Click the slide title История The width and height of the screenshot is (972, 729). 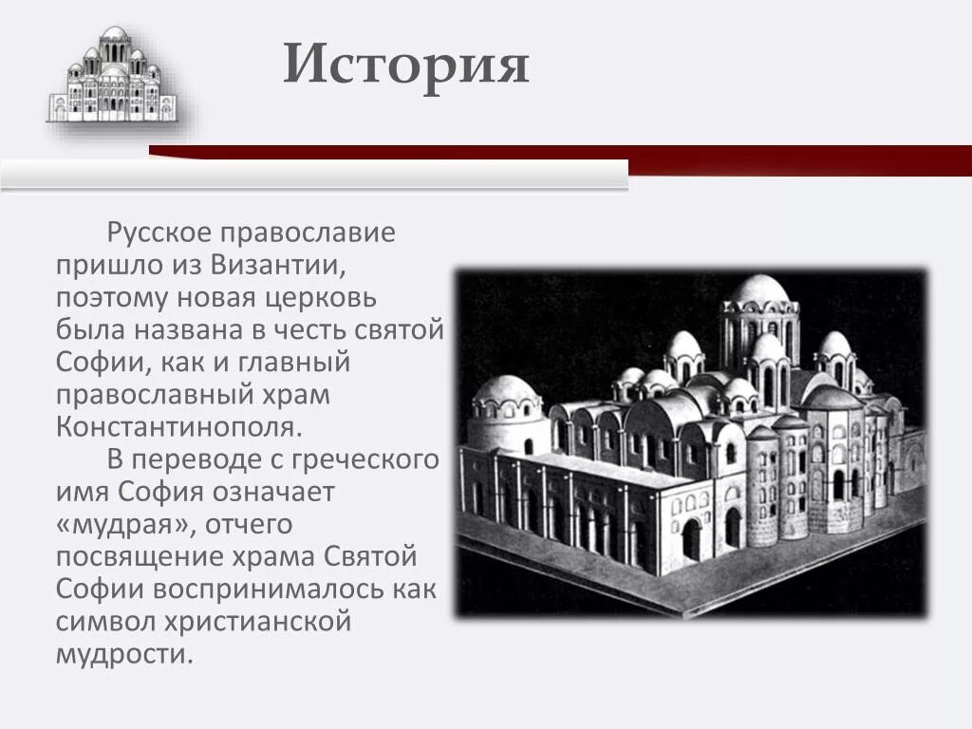[x=405, y=65]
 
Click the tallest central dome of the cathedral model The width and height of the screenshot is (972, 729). [x=758, y=290]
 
